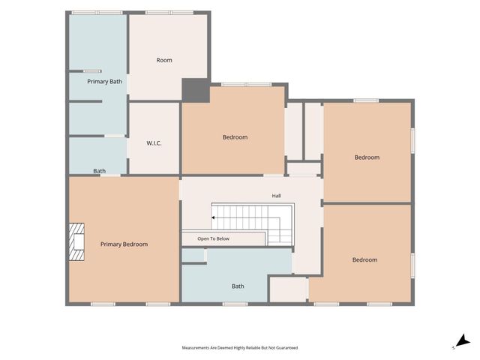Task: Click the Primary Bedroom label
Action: tap(124, 244)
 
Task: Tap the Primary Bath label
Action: tap(104, 82)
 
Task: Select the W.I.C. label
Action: tap(154, 143)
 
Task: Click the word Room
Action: tap(164, 60)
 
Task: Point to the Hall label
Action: tap(277, 196)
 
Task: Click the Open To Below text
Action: tap(213, 238)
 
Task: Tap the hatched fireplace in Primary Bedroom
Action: tap(76, 241)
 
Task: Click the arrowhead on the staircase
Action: tap(213, 217)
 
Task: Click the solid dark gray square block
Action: tap(196, 90)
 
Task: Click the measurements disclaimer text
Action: tap(240, 348)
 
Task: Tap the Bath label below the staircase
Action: tap(238, 286)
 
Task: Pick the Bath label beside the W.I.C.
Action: tap(100, 171)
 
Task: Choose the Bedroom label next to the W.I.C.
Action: tap(235, 137)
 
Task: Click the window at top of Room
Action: tap(169, 13)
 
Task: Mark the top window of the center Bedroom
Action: tap(247, 85)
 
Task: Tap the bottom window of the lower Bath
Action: tap(235, 304)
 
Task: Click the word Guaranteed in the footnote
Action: tap(287, 348)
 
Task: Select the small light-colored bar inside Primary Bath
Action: tap(92, 71)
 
